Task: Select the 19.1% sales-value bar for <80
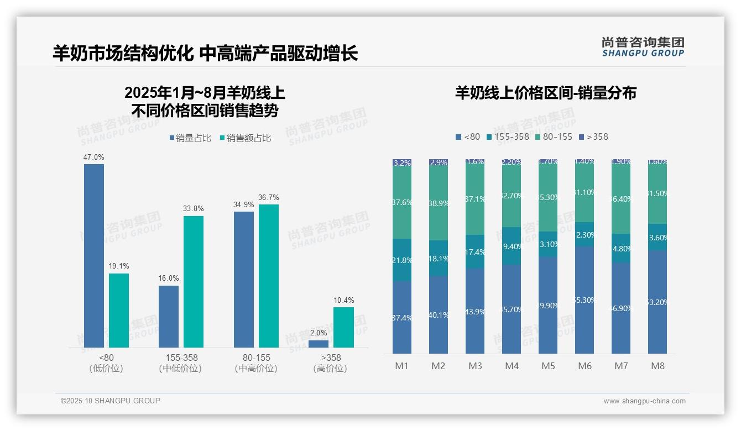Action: (x=119, y=310)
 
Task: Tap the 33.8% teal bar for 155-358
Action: (x=194, y=281)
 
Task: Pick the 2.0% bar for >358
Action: (x=319, y=344)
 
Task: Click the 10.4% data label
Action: (x=343, y=300)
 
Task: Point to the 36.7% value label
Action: (x=269, y=197)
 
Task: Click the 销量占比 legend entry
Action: (x=190, y=138)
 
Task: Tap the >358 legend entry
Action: (x=593, y=136)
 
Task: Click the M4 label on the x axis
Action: (x=512, y=366)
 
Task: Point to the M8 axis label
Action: (x=657, y=366)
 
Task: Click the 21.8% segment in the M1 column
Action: (x=402, y=260)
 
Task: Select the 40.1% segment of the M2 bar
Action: (x=439, y=315)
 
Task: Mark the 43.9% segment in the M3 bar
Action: (x=475, y=311)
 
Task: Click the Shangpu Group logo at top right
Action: (x=643, y=46)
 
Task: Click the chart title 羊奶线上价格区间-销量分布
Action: (x=545, y=93)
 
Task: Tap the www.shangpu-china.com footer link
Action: (x=644, y=401)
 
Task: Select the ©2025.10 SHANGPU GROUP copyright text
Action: (x=111, y=401)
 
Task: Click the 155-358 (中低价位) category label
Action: (x=180, y=363)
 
